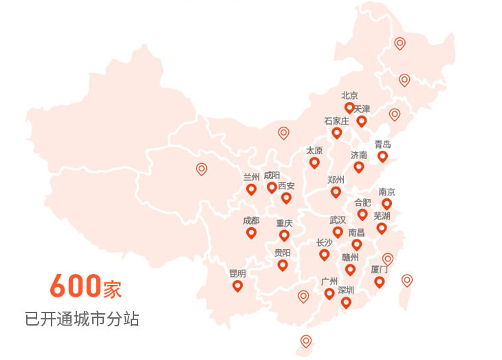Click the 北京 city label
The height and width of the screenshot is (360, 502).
coord(349,96)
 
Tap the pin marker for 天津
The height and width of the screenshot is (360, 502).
coord(362,121)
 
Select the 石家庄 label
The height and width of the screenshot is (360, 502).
coord(337,121)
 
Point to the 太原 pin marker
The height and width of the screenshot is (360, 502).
coord(314,162)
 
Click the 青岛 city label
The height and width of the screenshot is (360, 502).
coord(382,145)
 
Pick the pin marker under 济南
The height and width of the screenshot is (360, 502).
coord(359,167)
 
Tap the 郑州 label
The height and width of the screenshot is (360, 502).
coord(336,179)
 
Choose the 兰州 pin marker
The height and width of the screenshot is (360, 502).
coord(251,189)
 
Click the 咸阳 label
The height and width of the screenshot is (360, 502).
coord(272,176)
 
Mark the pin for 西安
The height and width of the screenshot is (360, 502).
coord(286,198)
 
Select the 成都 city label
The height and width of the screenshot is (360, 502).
coord(251,221)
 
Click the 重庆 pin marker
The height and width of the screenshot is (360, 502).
coord(284,235)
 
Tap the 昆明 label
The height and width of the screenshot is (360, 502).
coord(237,273)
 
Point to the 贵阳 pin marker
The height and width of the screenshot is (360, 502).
coord(282,265)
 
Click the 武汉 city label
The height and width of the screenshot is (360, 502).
coord(338,220)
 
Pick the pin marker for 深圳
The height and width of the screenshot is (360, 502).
coord(346,301)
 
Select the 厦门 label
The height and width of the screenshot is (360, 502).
coord(379,269)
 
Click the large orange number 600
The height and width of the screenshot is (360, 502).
coord(76,286)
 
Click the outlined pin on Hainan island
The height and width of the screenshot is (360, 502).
coord(306,340)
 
